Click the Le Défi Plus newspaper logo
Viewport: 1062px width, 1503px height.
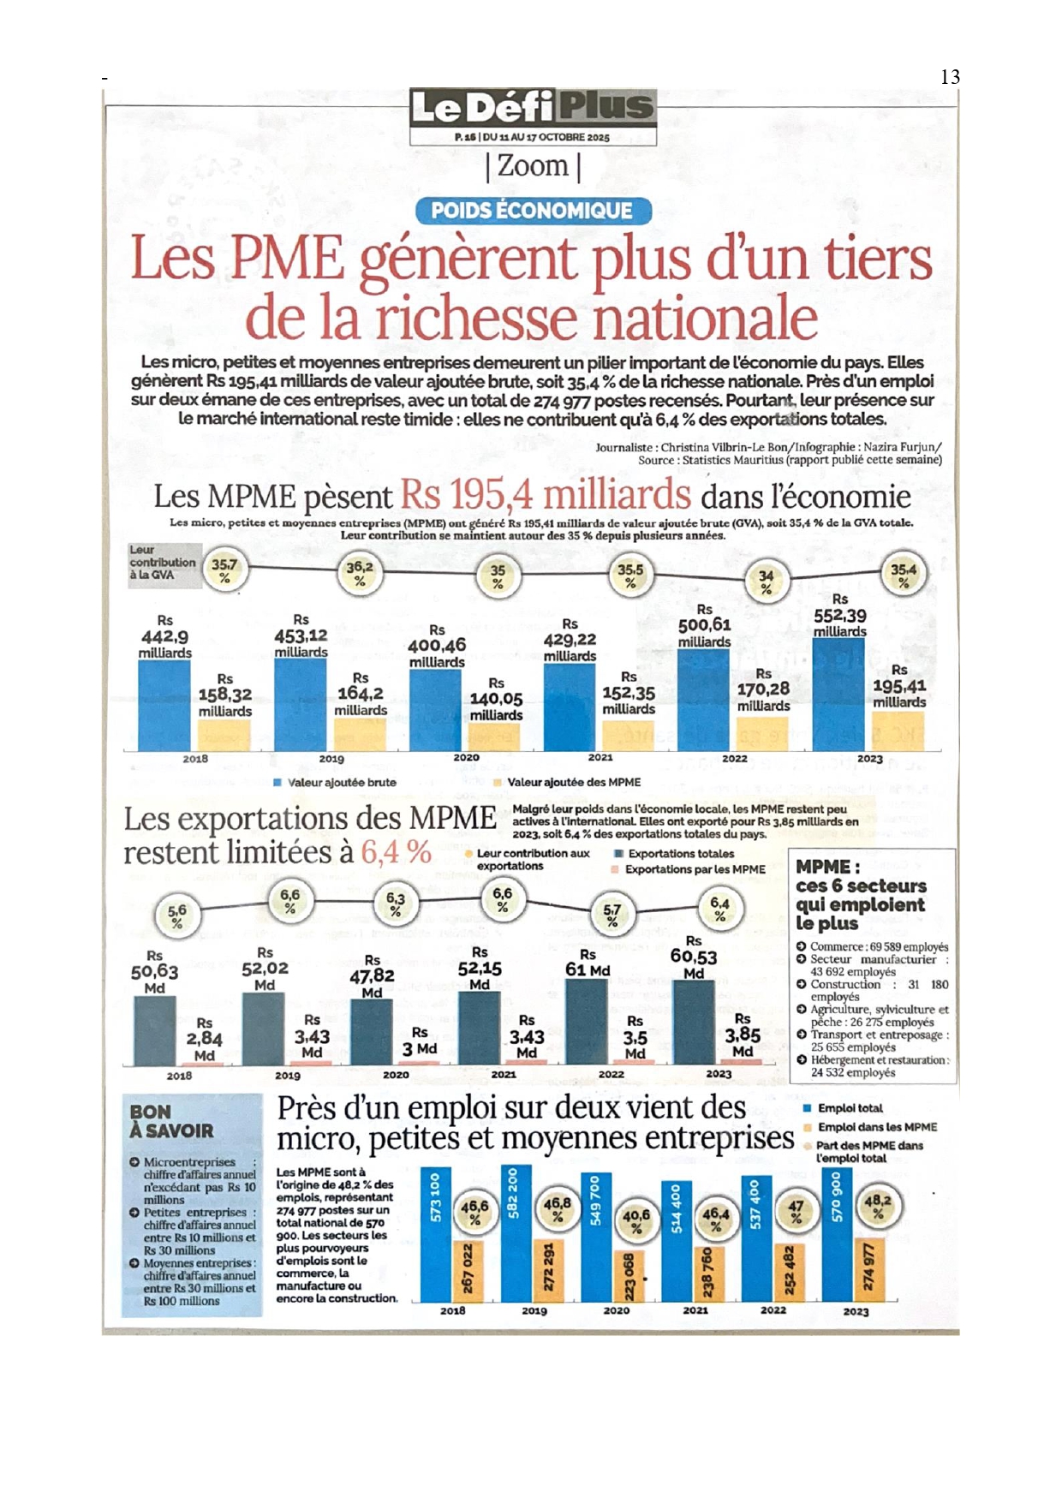tap(532, 107)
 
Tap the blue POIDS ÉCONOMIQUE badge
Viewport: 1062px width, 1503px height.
tap(532, 211)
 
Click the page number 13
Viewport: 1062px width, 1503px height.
tap(950, 77)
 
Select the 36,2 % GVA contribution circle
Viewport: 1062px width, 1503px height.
tap(360, 573)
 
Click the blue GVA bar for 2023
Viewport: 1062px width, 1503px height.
tap(838, 695)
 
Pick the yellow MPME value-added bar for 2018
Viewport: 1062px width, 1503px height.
tap(224, 735)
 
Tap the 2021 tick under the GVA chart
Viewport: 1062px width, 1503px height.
tap(600, 757)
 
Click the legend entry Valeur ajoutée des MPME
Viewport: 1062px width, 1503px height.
tap(573, 782)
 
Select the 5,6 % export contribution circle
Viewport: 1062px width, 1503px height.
tap(176, 917)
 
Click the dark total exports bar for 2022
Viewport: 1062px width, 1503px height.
tap(588, 1021)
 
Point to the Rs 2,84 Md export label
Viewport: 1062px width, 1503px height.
tap(205, 1039)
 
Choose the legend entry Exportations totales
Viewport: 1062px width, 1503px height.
tap(680, 854)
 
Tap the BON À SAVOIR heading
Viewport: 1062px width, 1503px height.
tap(171, 1121)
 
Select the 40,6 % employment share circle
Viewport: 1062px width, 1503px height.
tap(636, 1220)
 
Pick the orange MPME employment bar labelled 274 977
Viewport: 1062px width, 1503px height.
tap(868, 1269)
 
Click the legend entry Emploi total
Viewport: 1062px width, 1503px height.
tap(849, 1108)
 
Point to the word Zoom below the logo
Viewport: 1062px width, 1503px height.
tap(533, 165)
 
